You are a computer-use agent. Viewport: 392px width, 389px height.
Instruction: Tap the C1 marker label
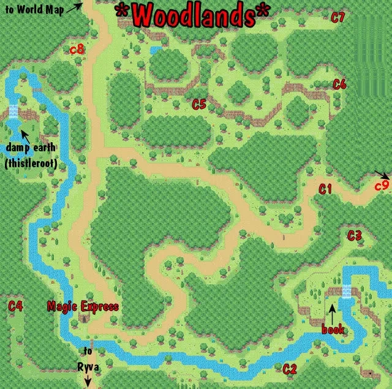[x=325, y=190]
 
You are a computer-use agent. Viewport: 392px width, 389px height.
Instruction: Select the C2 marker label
[x=290, y=369]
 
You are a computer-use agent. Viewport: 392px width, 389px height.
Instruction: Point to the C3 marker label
[x=355, y=235]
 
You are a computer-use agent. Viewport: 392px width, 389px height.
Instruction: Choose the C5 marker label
[x=199, y=105]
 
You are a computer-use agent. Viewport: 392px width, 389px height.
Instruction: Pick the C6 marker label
[x=339, y=85]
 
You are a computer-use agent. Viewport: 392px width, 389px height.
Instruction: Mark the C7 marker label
[x=338, y=17]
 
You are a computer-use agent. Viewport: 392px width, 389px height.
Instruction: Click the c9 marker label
[x=382, y=184]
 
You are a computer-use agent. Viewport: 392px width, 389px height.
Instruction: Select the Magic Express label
[x=83, y=306]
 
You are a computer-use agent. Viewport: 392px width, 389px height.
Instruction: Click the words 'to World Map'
[x=34, y=9]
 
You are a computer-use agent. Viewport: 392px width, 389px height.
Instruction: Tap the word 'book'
[x=334, y=330]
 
